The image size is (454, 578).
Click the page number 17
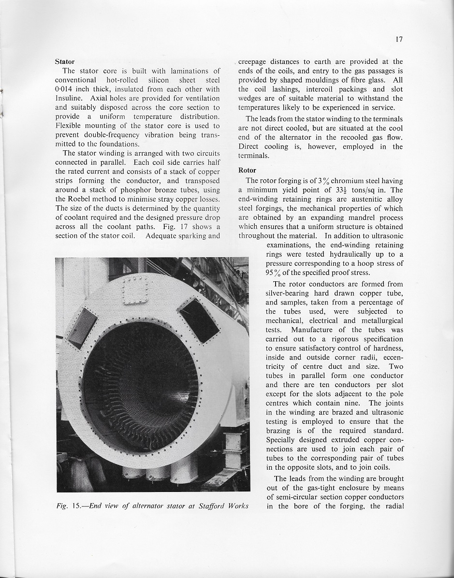point(399,40)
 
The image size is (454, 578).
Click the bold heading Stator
point(65,61)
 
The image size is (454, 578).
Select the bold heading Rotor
point(247,170)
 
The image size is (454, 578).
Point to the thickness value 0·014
point(66,89)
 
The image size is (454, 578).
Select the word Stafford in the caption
point(201,506)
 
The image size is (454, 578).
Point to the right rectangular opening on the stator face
point(200,319)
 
